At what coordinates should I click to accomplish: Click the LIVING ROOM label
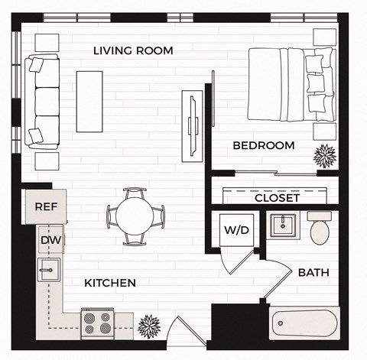tap(133, 50)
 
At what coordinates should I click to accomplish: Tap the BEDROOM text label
tap(263, 145)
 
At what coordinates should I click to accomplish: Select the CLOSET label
tap(277, 198)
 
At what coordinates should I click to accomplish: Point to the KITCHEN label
tap(110, 283)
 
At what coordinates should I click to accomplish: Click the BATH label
tap(313, 272)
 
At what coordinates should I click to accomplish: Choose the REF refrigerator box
tap(46, 206)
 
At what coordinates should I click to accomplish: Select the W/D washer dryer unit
tap(233, 230)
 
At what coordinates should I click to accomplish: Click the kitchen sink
tap(47, 270)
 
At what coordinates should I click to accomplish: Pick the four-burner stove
tap(98, 323)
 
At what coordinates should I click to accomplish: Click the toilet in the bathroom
tap(320, 229)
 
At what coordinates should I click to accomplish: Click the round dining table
tap(135, 216)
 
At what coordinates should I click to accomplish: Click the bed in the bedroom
tap(291, 83)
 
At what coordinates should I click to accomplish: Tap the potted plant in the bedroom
tap(325, 155)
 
